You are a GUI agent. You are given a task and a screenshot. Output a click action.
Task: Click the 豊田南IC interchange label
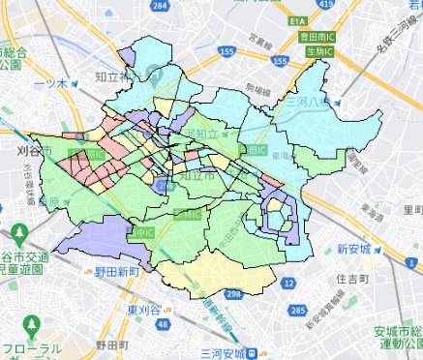coord(316,36)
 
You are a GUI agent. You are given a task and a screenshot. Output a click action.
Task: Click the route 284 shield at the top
coord(185,5)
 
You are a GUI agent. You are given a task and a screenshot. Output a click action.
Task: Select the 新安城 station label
coord(354,249)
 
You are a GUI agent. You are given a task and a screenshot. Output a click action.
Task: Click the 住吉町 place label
coord(353,279)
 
